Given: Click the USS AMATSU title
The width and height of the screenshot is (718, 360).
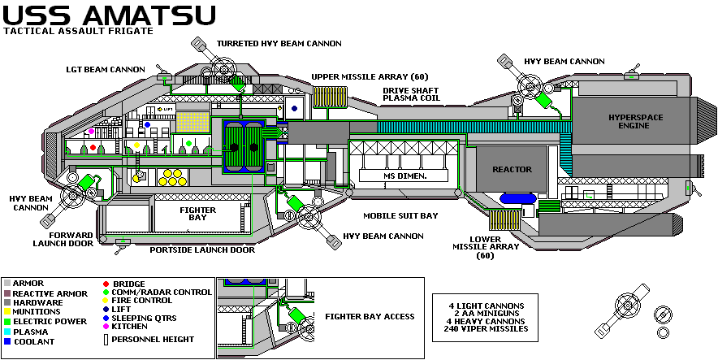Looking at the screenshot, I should [109, 15].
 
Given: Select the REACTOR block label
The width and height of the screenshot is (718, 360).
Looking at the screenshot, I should [512, 169].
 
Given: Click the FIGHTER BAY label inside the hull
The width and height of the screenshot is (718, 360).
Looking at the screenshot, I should [197, 214].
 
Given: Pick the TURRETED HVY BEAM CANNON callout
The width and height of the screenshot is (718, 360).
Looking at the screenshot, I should [279, 43].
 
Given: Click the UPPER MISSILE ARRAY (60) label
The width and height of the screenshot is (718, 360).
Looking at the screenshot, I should [370, 76].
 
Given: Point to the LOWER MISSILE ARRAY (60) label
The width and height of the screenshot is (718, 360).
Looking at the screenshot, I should [474, 247].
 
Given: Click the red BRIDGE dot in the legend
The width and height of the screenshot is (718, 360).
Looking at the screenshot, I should [106, 284].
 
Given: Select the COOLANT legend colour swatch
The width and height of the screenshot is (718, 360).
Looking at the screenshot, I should [6, 342].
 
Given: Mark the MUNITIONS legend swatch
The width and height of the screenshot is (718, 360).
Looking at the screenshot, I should [6, 312].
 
